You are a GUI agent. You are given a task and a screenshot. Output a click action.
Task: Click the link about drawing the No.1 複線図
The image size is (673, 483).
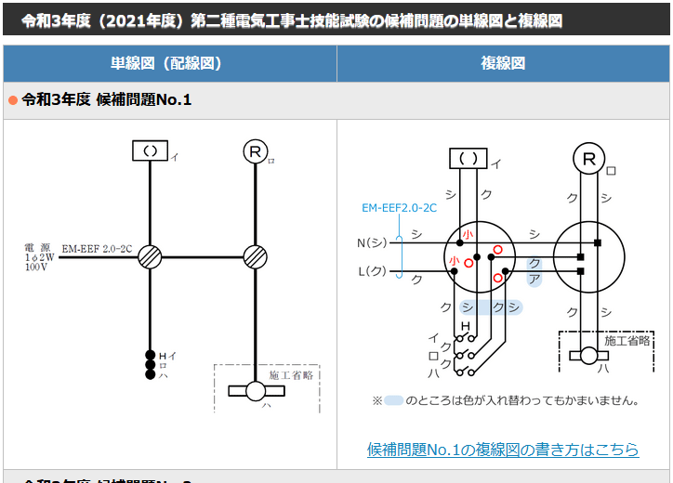coord(503,450)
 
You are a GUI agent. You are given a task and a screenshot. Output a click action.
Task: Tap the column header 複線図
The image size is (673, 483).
coord(503,63)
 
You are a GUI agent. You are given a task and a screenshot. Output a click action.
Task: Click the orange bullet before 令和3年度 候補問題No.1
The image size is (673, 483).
coord(13,99)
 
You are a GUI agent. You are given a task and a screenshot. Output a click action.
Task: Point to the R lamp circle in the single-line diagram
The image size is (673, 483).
coord(255,151)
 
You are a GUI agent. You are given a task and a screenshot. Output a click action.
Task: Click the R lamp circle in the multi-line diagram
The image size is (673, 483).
coord(587,159)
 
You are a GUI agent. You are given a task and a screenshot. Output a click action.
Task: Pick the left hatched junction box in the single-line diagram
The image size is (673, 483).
coord(150,257)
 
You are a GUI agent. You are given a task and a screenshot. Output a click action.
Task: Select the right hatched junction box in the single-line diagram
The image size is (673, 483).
coord(255,257)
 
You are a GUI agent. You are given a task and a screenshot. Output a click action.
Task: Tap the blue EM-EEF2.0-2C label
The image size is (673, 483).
coord(399,208)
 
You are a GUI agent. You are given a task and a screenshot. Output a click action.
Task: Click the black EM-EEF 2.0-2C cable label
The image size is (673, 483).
coord(97,250)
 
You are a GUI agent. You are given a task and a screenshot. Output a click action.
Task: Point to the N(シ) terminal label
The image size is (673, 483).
coord(372,243)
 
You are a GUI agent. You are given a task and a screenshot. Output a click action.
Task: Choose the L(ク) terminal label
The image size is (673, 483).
coord(372,272)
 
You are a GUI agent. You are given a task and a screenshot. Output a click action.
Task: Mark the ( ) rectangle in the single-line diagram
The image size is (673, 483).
coord(150,150)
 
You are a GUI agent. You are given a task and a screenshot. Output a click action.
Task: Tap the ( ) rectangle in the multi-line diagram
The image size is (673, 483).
coord(468,159)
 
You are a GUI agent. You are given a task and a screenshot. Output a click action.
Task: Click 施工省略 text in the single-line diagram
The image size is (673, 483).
coord(290,375)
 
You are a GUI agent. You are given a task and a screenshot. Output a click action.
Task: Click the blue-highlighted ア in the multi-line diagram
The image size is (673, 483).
coord(534,279)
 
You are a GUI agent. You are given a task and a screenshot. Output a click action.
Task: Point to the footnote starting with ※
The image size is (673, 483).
coord(506,400)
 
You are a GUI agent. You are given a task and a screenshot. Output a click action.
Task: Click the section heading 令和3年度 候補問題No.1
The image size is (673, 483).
coord(107,99)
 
